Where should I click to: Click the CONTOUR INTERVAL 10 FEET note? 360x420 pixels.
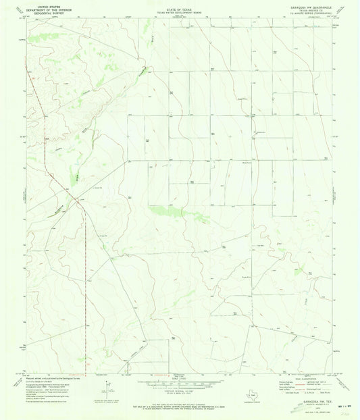coord(180,390)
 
